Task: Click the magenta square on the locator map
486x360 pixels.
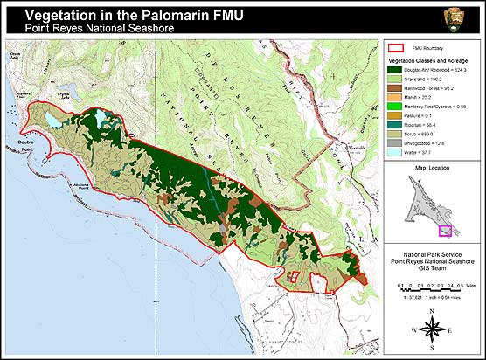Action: click(445, 231)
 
